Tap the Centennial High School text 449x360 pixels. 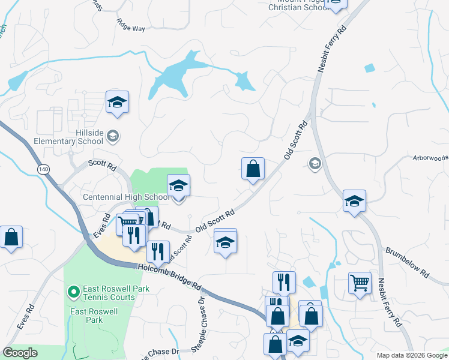click(x=125, y=197)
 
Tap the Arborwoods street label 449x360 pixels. click(x=430, y=158)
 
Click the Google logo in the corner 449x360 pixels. click(x=20, y=353)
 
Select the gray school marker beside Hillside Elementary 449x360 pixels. click(x=112, y=137)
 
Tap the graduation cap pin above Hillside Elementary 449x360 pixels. click(x=118, y=103)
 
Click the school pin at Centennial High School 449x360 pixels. click(x=178, y=186)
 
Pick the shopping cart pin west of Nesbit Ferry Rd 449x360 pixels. click(x=360, y=283)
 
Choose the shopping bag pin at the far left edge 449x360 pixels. click(x=11, y=238)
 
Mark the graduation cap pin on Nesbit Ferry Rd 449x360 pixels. click(x=354, y=202)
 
